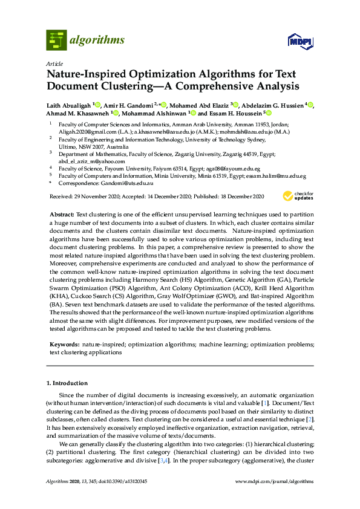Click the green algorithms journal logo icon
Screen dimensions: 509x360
coord(57,40)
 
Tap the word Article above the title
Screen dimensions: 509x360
coord(54,63)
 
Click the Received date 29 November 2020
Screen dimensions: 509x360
coord(90,197)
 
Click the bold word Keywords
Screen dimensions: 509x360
coord(64,343)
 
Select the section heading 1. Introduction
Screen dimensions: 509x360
coord(67,383)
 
